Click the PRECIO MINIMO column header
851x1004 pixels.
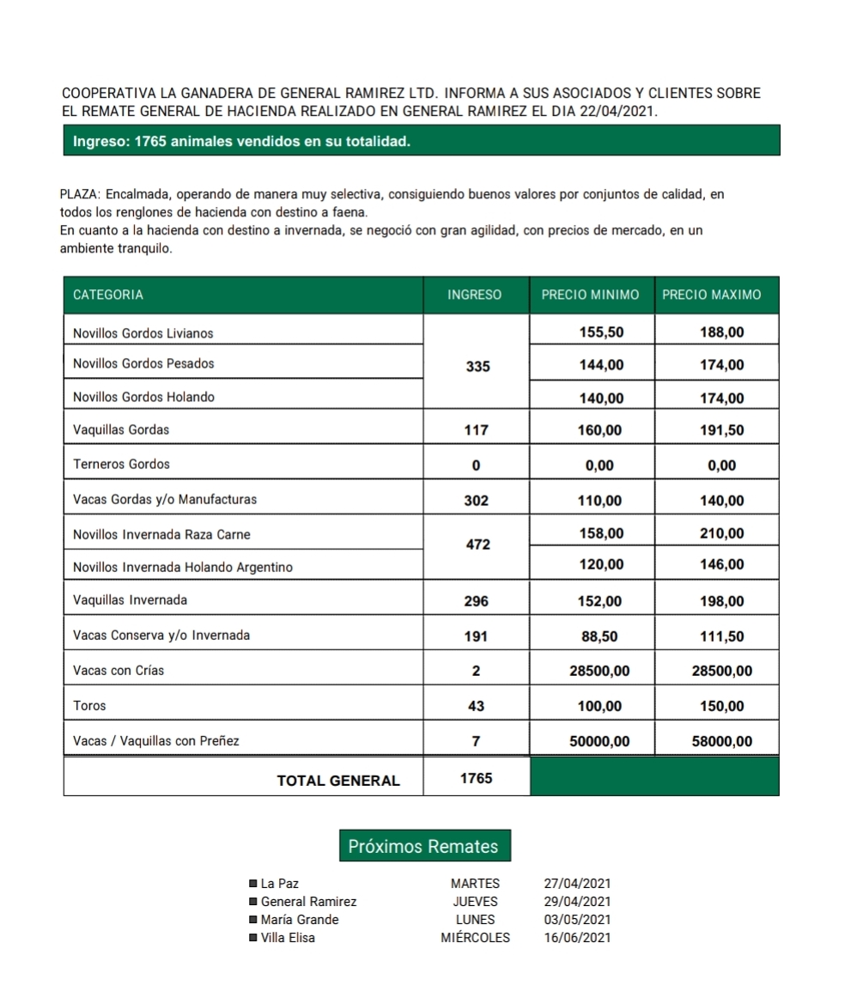pyautogui.click(x=590, y=295)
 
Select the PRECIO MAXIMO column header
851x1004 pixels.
pyautogui.click(x=712, y=295)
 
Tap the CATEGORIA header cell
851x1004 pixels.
pyautogui.click(x=108, y=295)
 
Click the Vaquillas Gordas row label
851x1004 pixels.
pyautogui.click(x=121, y=429)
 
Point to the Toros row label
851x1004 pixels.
pyautogui.click(x=90, y=706)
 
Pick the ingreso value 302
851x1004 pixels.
pyautogui.click(x=477, y=501)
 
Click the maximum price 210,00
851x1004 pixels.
pyautogui.click(x=722, y=533)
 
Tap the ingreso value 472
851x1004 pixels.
pyautogui.click(x=477, y=544)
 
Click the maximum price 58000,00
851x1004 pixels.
pyautogui.click(x=722, y=741)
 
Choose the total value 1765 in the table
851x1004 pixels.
pyautogui.click(x=477, y=778)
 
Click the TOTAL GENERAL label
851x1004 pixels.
pyautogui.click(x=338, y=781)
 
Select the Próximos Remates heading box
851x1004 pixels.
pyautogui.click(x=423, y=846)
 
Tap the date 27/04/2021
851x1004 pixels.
pyautogui.click(x=577, y=883)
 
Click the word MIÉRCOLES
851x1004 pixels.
pyautogui.click(x=475, y=938)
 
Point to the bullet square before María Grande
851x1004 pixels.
pyautogui.click(x=252, y=920)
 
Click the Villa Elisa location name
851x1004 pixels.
pyautogui.click(x=288, y=938)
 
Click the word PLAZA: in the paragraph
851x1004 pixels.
pyautogui.click(x=81, y=195)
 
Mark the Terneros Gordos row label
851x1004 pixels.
pyautogui.click(x=121, y=465)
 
